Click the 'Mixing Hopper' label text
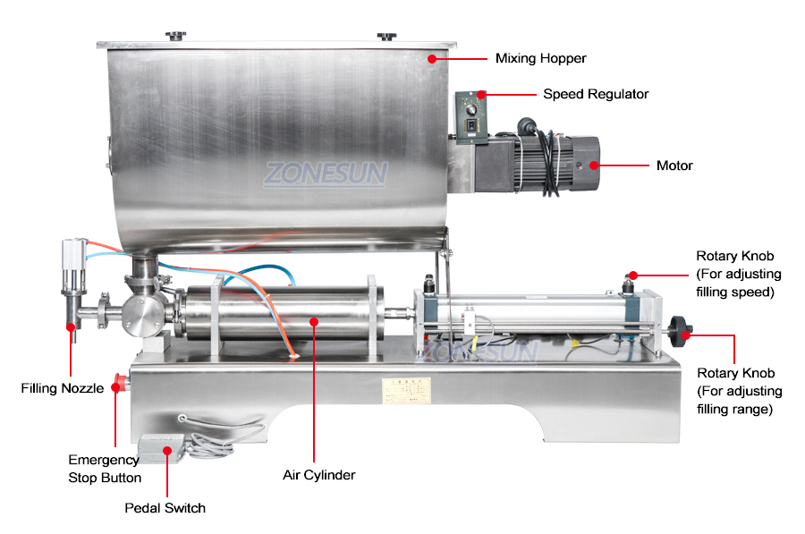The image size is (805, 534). coord(540,59)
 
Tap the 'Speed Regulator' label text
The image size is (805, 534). coord(596,94)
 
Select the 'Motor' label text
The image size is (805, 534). coord(674,165)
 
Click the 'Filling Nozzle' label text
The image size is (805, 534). coord(63,388)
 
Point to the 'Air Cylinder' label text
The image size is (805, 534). coord(319,475)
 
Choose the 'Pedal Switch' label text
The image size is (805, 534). coord(165,508)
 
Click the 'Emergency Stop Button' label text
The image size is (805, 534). coord(104,469)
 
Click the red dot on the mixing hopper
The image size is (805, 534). coord(432,59)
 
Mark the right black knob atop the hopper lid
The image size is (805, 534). coord(386,36)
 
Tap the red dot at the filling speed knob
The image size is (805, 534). coord(632,275)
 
